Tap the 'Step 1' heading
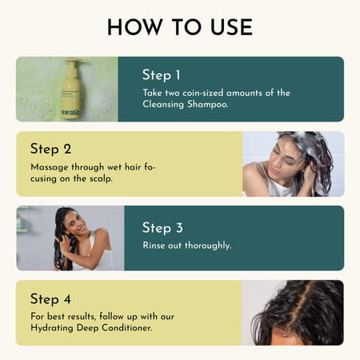[x=162, y=74]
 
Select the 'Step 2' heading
[x=50, y=148]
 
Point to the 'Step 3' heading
[x=162, y=228]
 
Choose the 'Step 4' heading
[x=50, y=299]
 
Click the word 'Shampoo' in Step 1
[x=206, y=105]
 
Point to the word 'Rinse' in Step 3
[x=156, y=246]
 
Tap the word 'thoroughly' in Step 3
[x=205, y=246]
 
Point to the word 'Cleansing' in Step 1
[x=164, y=105]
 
